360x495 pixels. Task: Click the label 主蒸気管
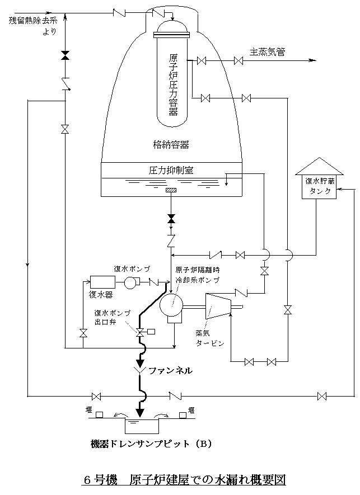[x=268, y=52]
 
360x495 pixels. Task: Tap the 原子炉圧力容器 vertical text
[x=173, y=84]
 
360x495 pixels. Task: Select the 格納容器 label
[x=171, y=144]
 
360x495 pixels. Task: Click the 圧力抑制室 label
[x=171, y=169]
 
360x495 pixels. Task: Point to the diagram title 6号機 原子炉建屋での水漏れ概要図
[x=184, y=480]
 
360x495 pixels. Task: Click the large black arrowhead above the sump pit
[x=141, y=412]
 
